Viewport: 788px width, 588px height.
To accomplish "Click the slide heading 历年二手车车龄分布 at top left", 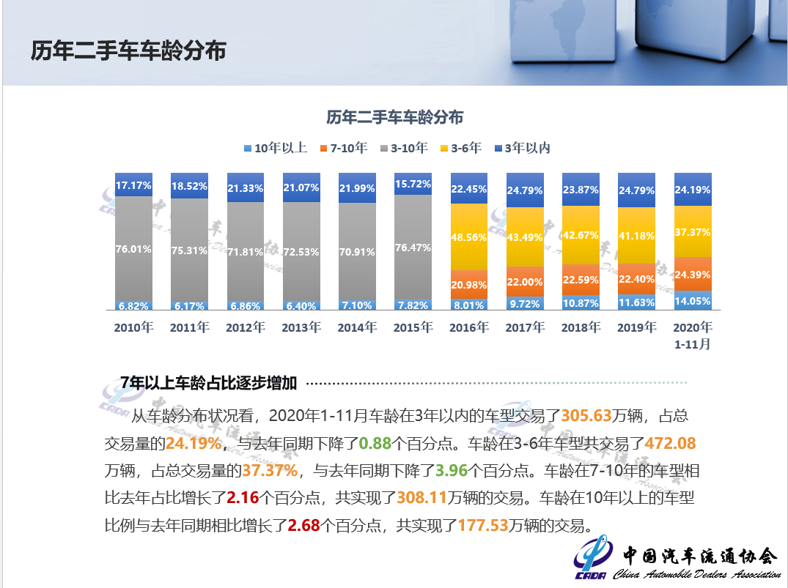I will [128, 51].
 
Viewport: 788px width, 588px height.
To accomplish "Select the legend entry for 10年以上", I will [275, 148].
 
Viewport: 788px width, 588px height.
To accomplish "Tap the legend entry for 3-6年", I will [460, 148].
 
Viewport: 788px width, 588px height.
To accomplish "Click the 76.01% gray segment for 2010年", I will [133, 249].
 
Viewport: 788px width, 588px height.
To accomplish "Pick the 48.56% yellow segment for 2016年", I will [469, 237].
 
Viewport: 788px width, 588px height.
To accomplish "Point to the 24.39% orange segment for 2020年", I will [693, 275].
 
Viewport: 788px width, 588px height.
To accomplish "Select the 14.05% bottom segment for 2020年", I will [693, 301].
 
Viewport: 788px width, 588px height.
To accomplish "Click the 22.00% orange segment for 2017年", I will [525, 282].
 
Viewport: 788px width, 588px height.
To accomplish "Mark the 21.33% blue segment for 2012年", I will [246, 187].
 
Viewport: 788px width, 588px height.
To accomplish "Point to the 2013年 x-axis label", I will [301, 327].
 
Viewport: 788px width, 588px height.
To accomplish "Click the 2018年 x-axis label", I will [581, 327].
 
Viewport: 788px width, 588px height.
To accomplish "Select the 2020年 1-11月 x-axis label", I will [693, 335].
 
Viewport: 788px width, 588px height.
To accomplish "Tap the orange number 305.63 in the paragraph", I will [586, 416].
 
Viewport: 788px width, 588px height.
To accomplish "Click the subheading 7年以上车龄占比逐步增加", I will [209, 382].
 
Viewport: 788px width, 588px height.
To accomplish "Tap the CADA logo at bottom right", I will [592, 559].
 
